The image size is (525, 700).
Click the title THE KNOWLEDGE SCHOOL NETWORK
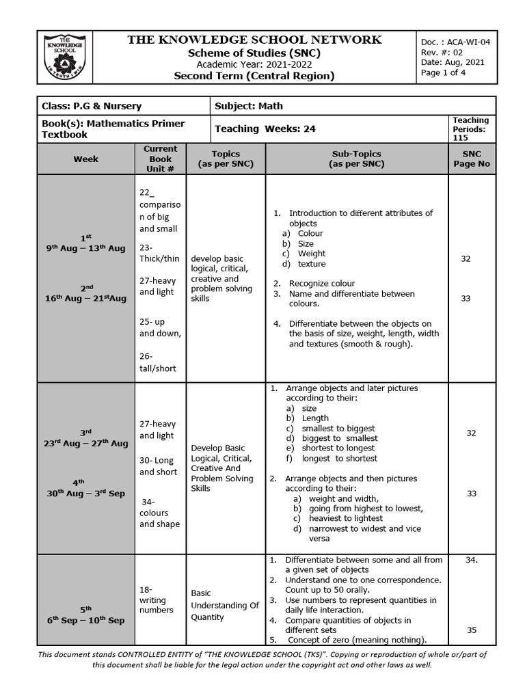tap(254, 40)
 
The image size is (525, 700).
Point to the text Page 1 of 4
tap(444, 73)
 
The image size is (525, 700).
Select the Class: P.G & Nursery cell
tap(92, 106)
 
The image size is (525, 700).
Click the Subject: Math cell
tap(249, 106)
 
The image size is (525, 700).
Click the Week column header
tap(86, 159)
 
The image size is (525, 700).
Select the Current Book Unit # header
tap(160, 159)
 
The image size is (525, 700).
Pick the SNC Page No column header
tap(472, 159)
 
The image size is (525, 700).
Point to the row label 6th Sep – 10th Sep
tap(86, 620)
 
